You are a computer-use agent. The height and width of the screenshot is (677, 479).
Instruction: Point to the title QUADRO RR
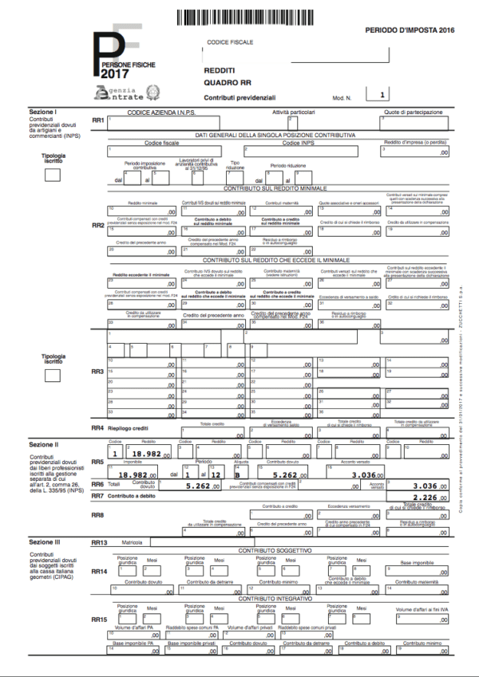(228, 82)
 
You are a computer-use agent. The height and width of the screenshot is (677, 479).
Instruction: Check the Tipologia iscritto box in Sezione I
(53, 176)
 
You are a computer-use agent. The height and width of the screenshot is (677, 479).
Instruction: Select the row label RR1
(98, 120)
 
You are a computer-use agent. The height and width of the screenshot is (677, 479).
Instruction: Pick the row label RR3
(98, 372)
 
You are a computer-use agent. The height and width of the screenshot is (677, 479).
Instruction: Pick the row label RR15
(99, 619)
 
